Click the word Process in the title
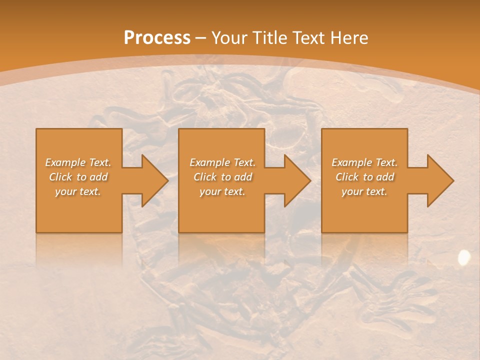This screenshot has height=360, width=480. [x=157, y=37]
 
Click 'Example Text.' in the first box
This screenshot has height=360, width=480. [x=78, y=162]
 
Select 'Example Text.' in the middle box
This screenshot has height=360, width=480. [x=222, y=162]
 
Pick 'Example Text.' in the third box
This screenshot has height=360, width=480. [x=364, y=162]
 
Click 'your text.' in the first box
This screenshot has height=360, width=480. [x=78, y=191]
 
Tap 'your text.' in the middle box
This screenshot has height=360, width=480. [x=222, y=191]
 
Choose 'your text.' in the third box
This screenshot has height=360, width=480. [x=364, y=191]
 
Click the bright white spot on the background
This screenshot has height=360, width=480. [x=464, y=257]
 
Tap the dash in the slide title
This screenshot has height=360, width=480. [x=200, y=38]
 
